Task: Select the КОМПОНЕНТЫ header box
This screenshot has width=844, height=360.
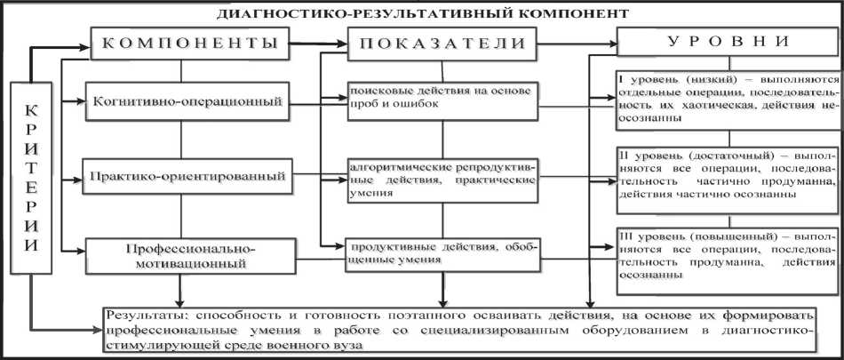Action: pyautogui.click(x=190, y=43)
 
